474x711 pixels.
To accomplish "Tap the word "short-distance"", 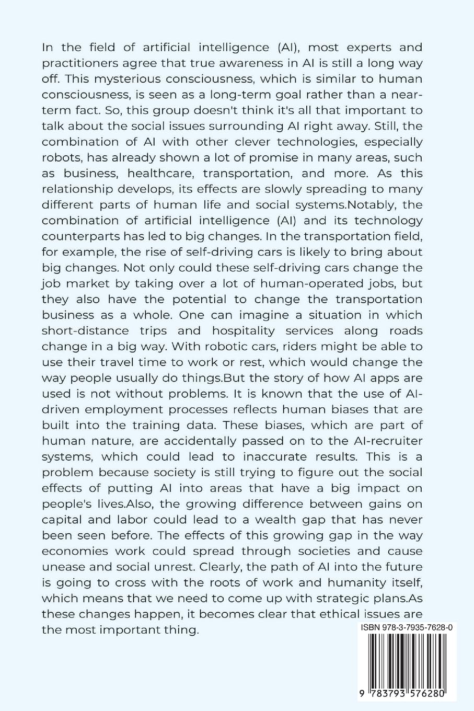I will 85,330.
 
